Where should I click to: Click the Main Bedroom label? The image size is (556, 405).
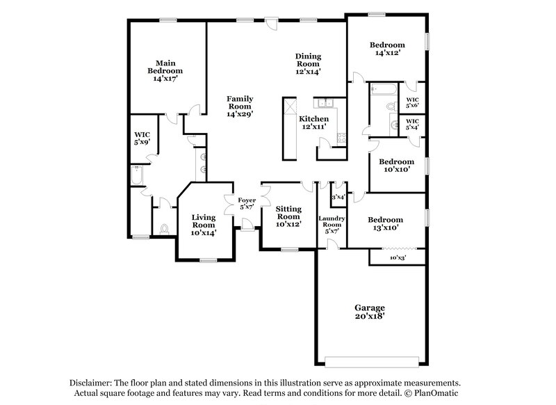pyautogui.click(x=165, y=70)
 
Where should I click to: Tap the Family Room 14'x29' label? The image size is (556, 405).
pyautogui.click(x=239, y=106)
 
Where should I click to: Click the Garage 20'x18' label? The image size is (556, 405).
pyautogui.click(x=369, y=311)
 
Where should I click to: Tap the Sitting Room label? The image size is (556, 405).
pyautogui.click(x=287, y=216)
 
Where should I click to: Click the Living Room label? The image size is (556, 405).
pyautogui.click(x=204, y=225)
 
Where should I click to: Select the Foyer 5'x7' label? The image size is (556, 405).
pyautogui.click(x=247, y=204)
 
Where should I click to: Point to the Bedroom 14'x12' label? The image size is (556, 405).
pyautogui.click(x=388, y=47)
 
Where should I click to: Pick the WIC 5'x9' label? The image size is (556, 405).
pyautogui.click(x=142, y=138)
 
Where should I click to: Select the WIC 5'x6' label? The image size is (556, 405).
pyautogui.click(x=412, y=102)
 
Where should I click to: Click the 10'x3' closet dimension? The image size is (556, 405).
pyautogui.click(x=397, y=257)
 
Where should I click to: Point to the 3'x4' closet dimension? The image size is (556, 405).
pyautogui.click(x=338, y=198)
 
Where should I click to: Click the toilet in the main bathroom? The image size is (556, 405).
pyautogui.click(x=165, y=228)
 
